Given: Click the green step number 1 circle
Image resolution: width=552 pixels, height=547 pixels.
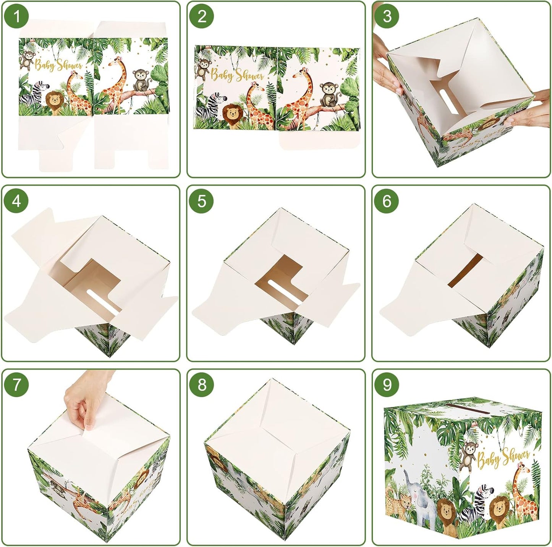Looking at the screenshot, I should coord(16,16).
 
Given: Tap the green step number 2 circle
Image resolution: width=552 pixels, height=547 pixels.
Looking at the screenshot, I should coord(202,16).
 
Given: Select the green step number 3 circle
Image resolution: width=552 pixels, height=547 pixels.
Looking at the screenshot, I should coord(387,16).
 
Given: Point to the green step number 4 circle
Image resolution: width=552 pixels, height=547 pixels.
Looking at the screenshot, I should coord(16,201).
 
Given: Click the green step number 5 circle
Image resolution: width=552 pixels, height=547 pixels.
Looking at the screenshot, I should coord(202,201).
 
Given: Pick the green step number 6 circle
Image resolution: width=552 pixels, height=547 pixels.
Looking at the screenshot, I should coord(387,201).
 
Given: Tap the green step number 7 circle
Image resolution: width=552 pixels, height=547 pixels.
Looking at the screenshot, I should coord(16,385).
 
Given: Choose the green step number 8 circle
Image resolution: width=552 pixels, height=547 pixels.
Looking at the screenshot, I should coord(202,385).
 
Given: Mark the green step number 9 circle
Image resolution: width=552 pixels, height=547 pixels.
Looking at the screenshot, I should coord(387,385).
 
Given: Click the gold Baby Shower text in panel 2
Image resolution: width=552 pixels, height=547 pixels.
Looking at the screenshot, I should coord(237,75).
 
